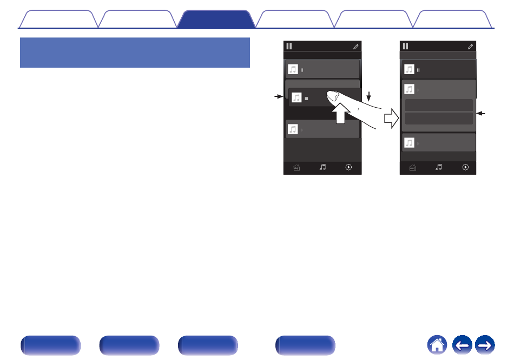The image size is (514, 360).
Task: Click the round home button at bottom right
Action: coord(437,345)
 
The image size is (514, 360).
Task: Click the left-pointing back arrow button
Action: coord(462,345)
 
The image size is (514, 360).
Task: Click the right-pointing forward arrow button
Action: coord(485,345)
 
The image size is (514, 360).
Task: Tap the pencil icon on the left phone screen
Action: coord(355,47)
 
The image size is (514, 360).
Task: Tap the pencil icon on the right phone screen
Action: coord(471,47)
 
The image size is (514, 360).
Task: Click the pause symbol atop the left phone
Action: coord(289,46)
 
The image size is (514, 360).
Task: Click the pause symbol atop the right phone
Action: coord(405,46)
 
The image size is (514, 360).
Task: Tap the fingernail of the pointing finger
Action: coord(333,96)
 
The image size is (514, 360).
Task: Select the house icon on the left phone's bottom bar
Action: coord(296,168)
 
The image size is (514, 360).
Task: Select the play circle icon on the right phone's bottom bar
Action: coord(465,167)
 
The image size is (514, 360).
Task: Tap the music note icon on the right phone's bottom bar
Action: coord(439,167)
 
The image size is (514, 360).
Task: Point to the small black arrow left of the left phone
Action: coord(279,96)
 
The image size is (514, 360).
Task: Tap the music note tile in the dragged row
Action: coord(296,97)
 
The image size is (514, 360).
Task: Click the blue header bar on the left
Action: coord(135,53)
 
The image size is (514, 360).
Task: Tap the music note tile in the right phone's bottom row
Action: coord(410,143)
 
